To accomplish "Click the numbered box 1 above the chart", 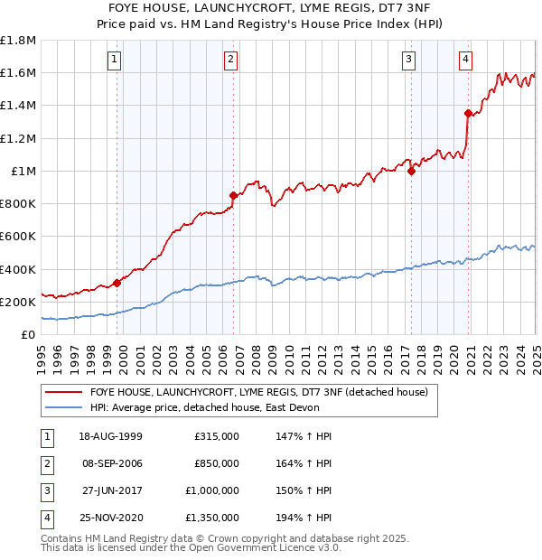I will (116, 60).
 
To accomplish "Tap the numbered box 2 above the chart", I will (231, 60).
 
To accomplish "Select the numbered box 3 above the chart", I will (408, 60).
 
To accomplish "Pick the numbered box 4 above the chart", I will (465, 60).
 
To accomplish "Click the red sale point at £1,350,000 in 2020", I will (469, 113).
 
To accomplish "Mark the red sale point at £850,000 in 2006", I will (234, 195).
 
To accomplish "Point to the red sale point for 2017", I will (411, 171).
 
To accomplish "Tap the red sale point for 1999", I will (117, 283).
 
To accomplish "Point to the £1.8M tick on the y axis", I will (18, 41).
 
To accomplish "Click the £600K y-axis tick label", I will (18, 237).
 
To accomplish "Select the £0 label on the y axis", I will (28, 334).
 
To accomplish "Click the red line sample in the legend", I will (63, 391).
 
